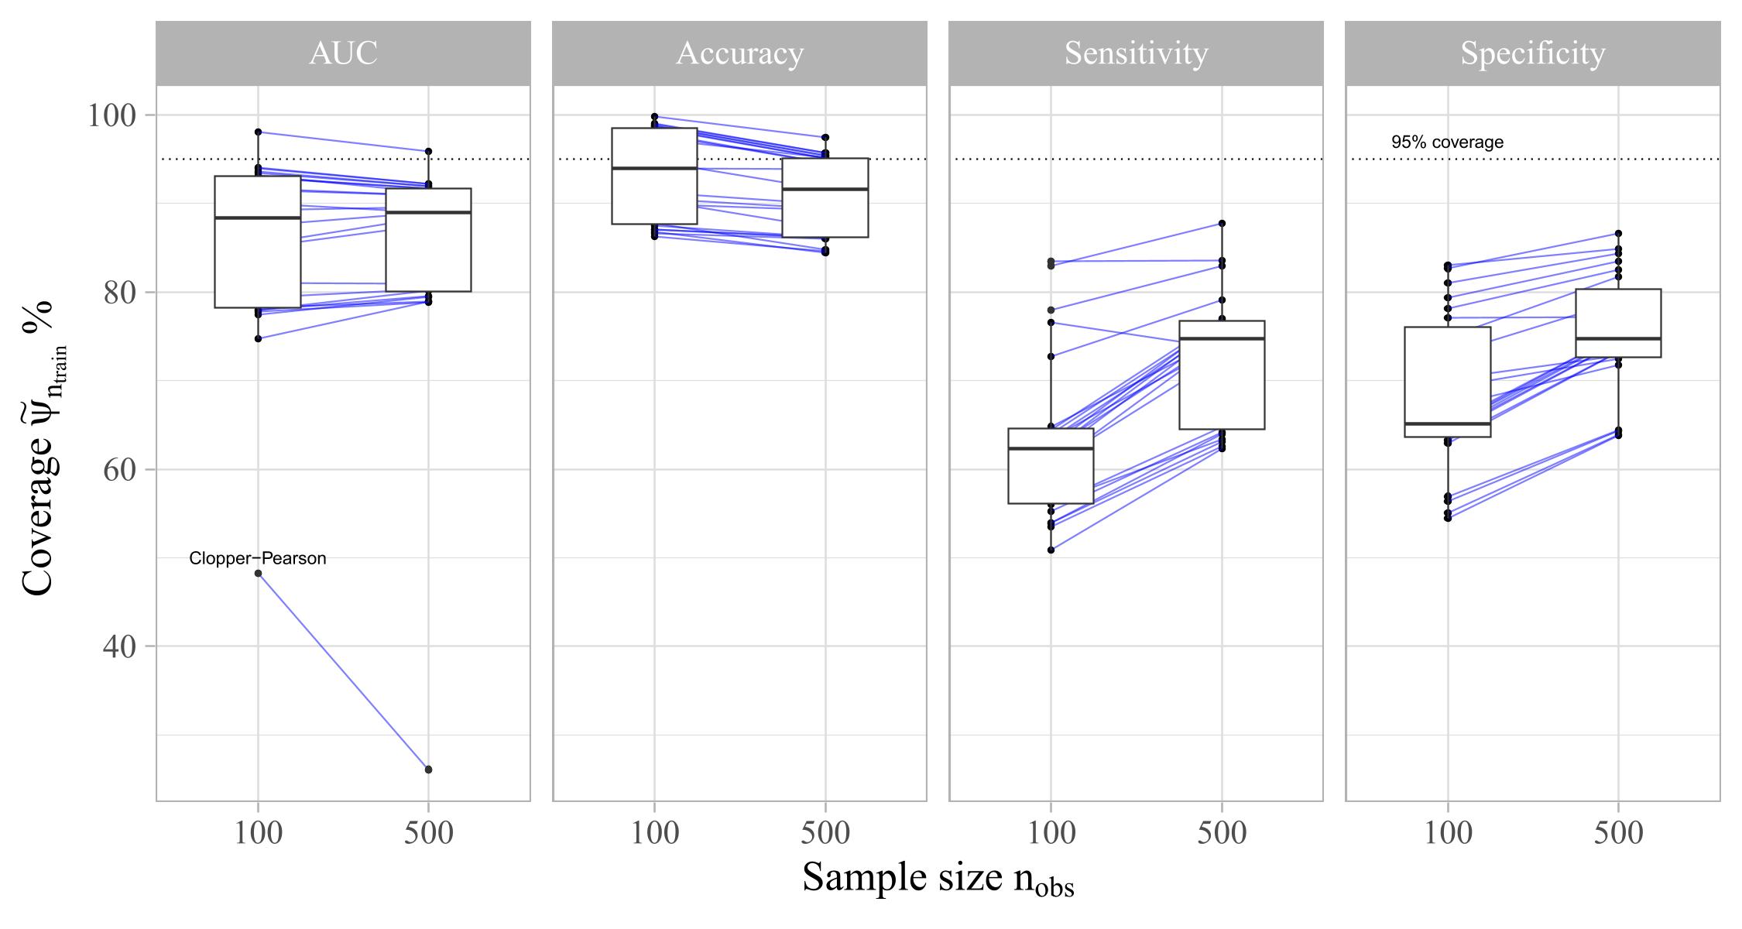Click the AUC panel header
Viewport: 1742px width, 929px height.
[x=343, y=53]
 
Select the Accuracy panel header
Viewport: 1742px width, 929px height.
[x=739, y=53]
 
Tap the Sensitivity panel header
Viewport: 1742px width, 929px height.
[x=1136, y=53]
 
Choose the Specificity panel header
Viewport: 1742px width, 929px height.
[x=1532, y=53]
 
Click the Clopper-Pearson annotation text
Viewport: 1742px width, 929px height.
[x=258, y=558]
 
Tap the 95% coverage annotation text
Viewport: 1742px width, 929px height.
[x=1447, y=142]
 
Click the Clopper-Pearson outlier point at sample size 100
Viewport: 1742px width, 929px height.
[x=258, y=574]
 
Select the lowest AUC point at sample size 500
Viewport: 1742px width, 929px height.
[x=428, y=770]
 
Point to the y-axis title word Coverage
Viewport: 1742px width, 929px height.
[x=39, y=526]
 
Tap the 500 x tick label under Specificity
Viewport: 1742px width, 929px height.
[x=1618, y=834]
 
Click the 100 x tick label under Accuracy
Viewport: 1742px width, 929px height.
[x=655, y=834]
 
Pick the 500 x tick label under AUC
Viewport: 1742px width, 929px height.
[x=428, y=834]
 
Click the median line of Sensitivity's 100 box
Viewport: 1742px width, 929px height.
[x=1051, y=448]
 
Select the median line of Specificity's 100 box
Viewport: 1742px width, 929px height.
[x=1447, y=423]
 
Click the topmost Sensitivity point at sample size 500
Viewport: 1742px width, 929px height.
[x=1222, y=223]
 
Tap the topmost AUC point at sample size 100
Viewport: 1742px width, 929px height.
[x=258, y=132]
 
